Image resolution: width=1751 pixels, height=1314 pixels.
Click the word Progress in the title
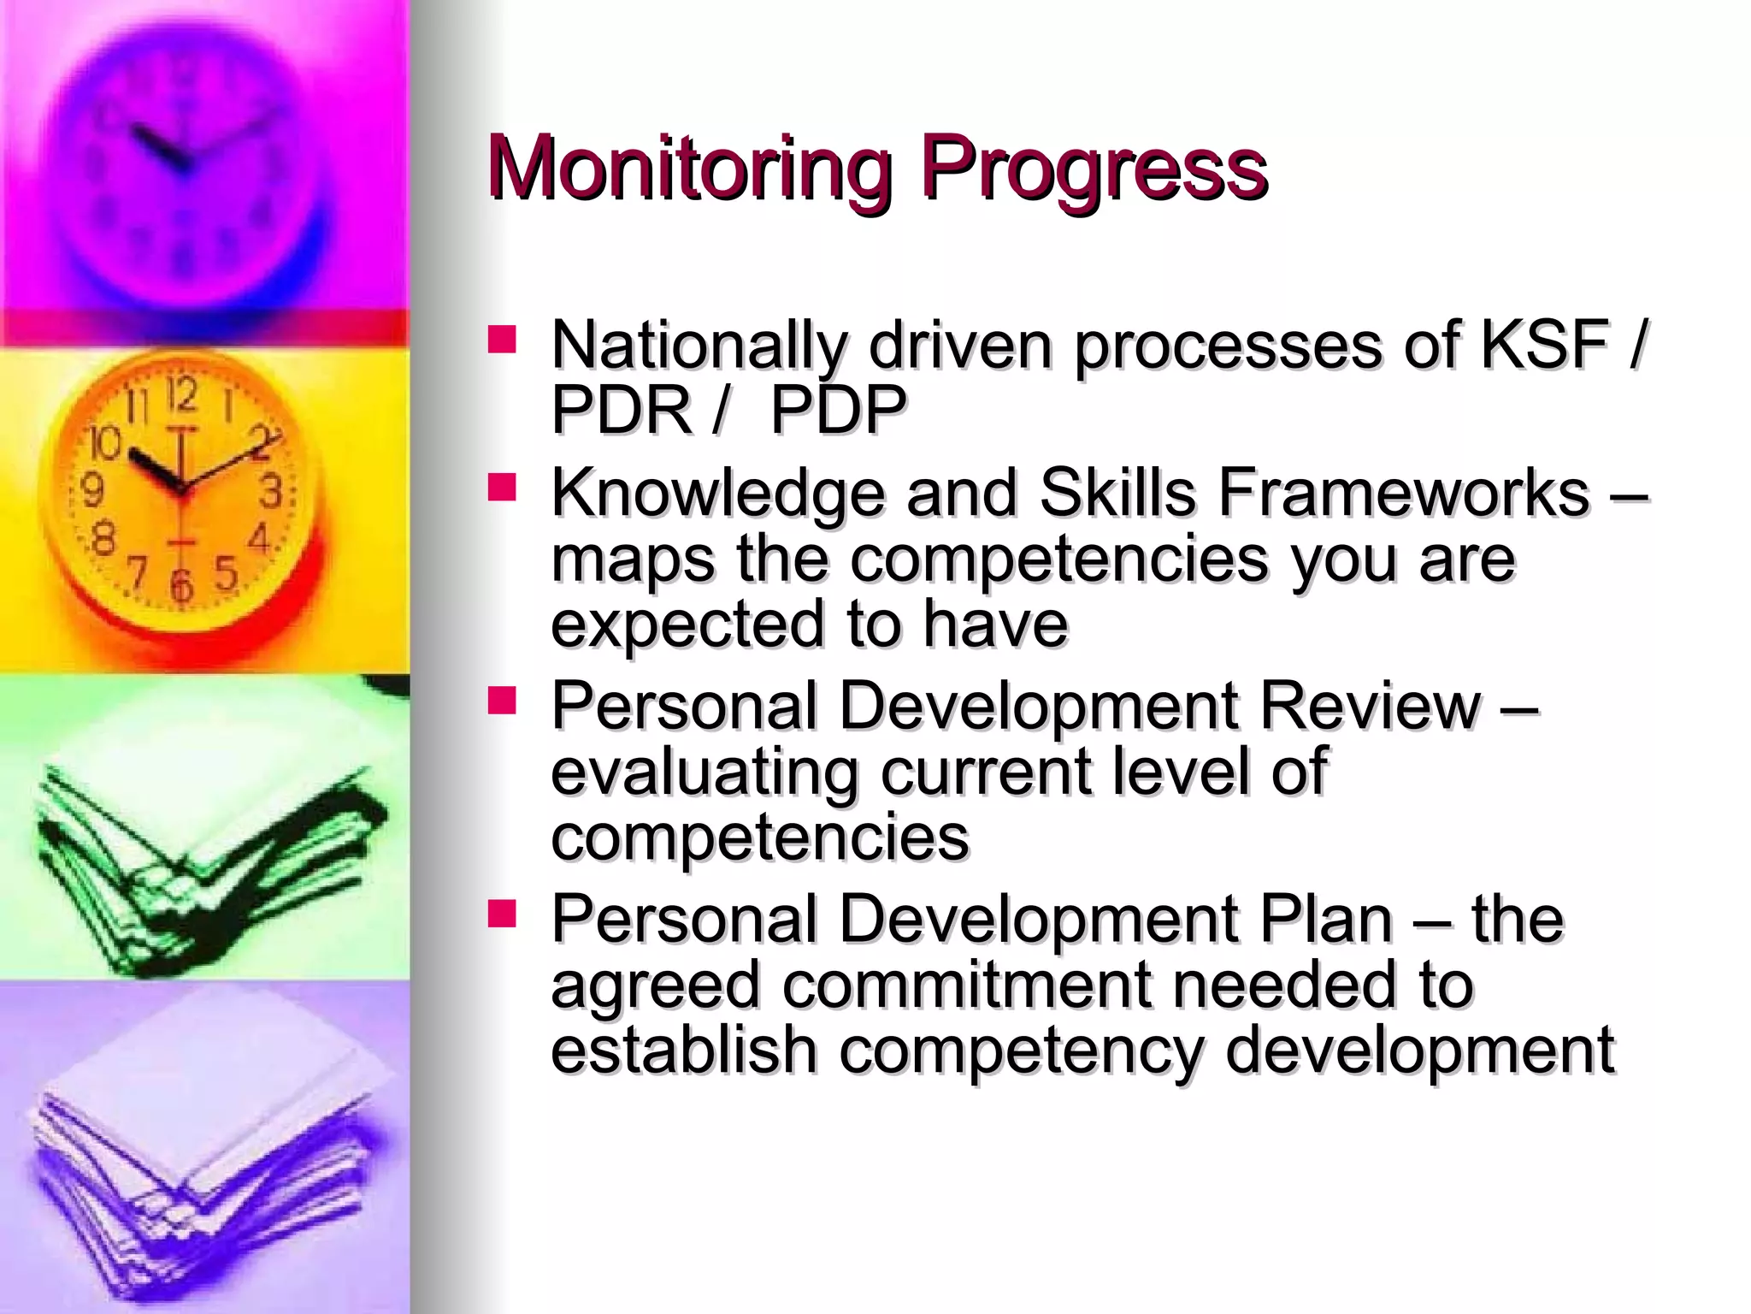pyautogui.click(x=1094, y=169)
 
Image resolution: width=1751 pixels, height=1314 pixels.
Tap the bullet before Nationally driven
pyautogui.click(x=503, y=340)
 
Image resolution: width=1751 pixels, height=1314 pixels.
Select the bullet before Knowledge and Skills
pyautogui.click(x=503, y=488)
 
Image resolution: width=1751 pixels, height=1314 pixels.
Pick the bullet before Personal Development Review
pyautogui.click(x=503, y=701)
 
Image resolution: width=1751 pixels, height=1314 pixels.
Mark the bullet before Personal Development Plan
pyautogui.click(x=503, y=914)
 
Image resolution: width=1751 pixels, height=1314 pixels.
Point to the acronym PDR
pyautogui.click(x=622, y=410)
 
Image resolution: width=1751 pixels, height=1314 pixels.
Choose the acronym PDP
pyautogui.click(x=839, y=410)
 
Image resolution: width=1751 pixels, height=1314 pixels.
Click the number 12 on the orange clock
pyautogui.click(x=182, y=396)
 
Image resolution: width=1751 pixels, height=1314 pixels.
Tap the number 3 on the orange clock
pyautogui.click(x=271, y=491)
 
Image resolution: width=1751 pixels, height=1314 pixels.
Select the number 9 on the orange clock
pyautogui.click(x=91, y=491)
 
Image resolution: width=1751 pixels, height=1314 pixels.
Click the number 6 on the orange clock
pyautogui.click(x=180, y=584)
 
